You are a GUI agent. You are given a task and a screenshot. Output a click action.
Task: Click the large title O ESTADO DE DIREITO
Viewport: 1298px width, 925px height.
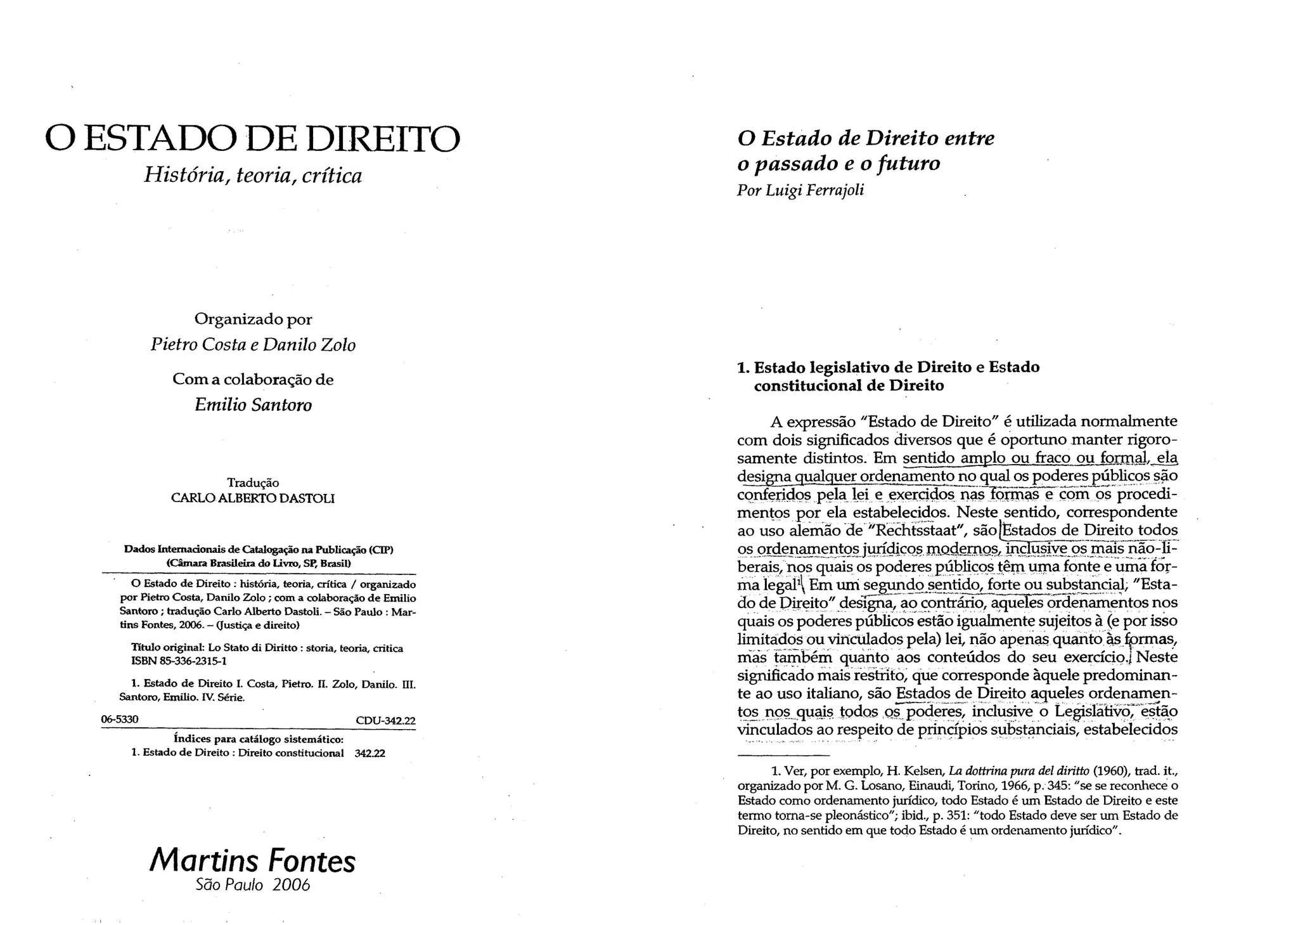point(252,139)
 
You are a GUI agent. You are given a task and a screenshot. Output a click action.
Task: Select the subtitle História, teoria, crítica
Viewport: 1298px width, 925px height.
point(253,175)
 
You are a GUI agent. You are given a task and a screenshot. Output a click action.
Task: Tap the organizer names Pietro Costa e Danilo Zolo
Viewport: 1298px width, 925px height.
point(253,344)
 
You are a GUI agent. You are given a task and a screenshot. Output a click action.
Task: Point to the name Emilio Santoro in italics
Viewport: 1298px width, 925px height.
point(253,404)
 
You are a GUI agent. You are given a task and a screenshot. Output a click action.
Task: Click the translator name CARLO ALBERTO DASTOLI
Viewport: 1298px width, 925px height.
point(253,498)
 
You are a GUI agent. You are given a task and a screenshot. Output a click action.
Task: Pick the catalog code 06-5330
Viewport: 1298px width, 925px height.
point(120,720)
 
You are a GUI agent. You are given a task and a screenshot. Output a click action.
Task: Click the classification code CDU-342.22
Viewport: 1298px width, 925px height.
point(385,720)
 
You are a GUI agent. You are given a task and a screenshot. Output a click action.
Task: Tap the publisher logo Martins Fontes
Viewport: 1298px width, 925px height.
point(252,860)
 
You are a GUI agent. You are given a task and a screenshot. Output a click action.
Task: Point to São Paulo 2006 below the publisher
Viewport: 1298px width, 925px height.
point(253,885)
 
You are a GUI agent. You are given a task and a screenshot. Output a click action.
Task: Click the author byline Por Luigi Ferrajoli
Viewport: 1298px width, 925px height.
point(800,190)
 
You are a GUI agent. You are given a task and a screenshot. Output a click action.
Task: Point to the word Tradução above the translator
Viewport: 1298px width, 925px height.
point(253,482)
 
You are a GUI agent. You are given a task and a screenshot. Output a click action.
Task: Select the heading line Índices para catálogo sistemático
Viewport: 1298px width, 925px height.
point(259,739)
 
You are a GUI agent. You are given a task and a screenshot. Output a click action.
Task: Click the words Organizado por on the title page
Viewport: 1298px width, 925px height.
point(253,318)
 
